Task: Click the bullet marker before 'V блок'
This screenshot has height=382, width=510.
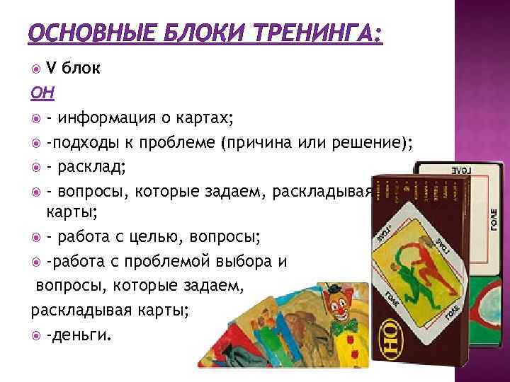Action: (x=37, y=69)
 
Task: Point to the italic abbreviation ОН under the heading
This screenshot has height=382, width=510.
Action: (x=40, y=93)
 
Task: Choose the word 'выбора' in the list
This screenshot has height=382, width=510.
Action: (x=239, y=261)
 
